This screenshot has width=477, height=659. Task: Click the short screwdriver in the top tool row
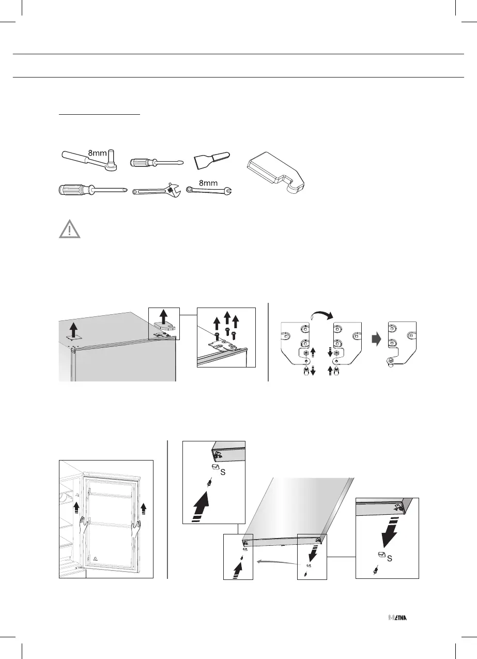[153, 162]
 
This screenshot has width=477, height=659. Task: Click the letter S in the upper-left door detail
[223, 471]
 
